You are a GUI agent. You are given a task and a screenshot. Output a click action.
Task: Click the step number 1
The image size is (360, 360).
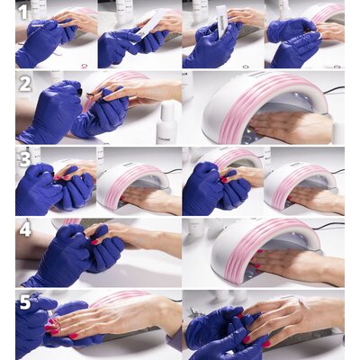23,13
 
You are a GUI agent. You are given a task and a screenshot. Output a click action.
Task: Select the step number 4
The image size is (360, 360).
25,229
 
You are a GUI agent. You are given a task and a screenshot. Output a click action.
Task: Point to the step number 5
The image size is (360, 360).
25,302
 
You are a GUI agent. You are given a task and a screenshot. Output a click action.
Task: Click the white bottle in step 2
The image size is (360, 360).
166,123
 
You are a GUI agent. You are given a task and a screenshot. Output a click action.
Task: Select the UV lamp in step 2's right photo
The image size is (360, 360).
265,105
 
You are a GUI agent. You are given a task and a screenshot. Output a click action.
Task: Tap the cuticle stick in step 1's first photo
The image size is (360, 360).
46,25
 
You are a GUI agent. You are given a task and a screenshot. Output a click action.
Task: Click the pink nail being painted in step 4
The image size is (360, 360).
95,241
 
